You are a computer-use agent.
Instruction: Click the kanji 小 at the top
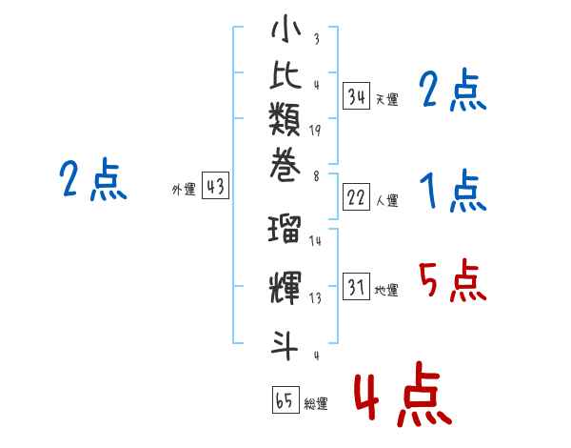pyautogui.click(x=285, y=29)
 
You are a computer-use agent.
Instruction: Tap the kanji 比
pyautogui.click(x=285, y=74)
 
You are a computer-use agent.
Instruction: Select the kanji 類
pyautogui.click(x=285, y=119)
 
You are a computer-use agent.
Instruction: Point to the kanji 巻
pyautogui.click(x=285, y=165)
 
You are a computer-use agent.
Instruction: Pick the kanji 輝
pyautogui.click(x=285, y=288)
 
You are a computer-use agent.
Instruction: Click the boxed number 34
pyautogui.click(x=357, y=96)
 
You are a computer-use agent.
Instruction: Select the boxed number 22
pyautogui.click(x=357, y=197)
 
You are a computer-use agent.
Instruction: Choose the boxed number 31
pyautogui.click(x=357, y=286)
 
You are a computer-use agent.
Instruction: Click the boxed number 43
pyautogui.click(x=216, y=186)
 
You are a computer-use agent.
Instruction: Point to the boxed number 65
pyautogui.click(x=285, y=399)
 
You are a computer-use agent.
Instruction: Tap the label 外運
pyautogui.click(x=184, y=190)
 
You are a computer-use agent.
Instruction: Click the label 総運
pyautogui.click(x=316, y=403)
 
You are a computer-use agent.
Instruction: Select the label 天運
pyautogui.click(x=387, y=99)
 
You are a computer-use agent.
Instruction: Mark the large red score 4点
pyautogui.click(x=404, y=394)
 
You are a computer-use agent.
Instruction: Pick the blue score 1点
pyautogui.click(x=453, y=191)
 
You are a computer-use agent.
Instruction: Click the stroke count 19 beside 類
pyautogui.click(x=315, y=131)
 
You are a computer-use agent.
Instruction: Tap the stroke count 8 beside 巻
pyautogui.click(x=316, y=176)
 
